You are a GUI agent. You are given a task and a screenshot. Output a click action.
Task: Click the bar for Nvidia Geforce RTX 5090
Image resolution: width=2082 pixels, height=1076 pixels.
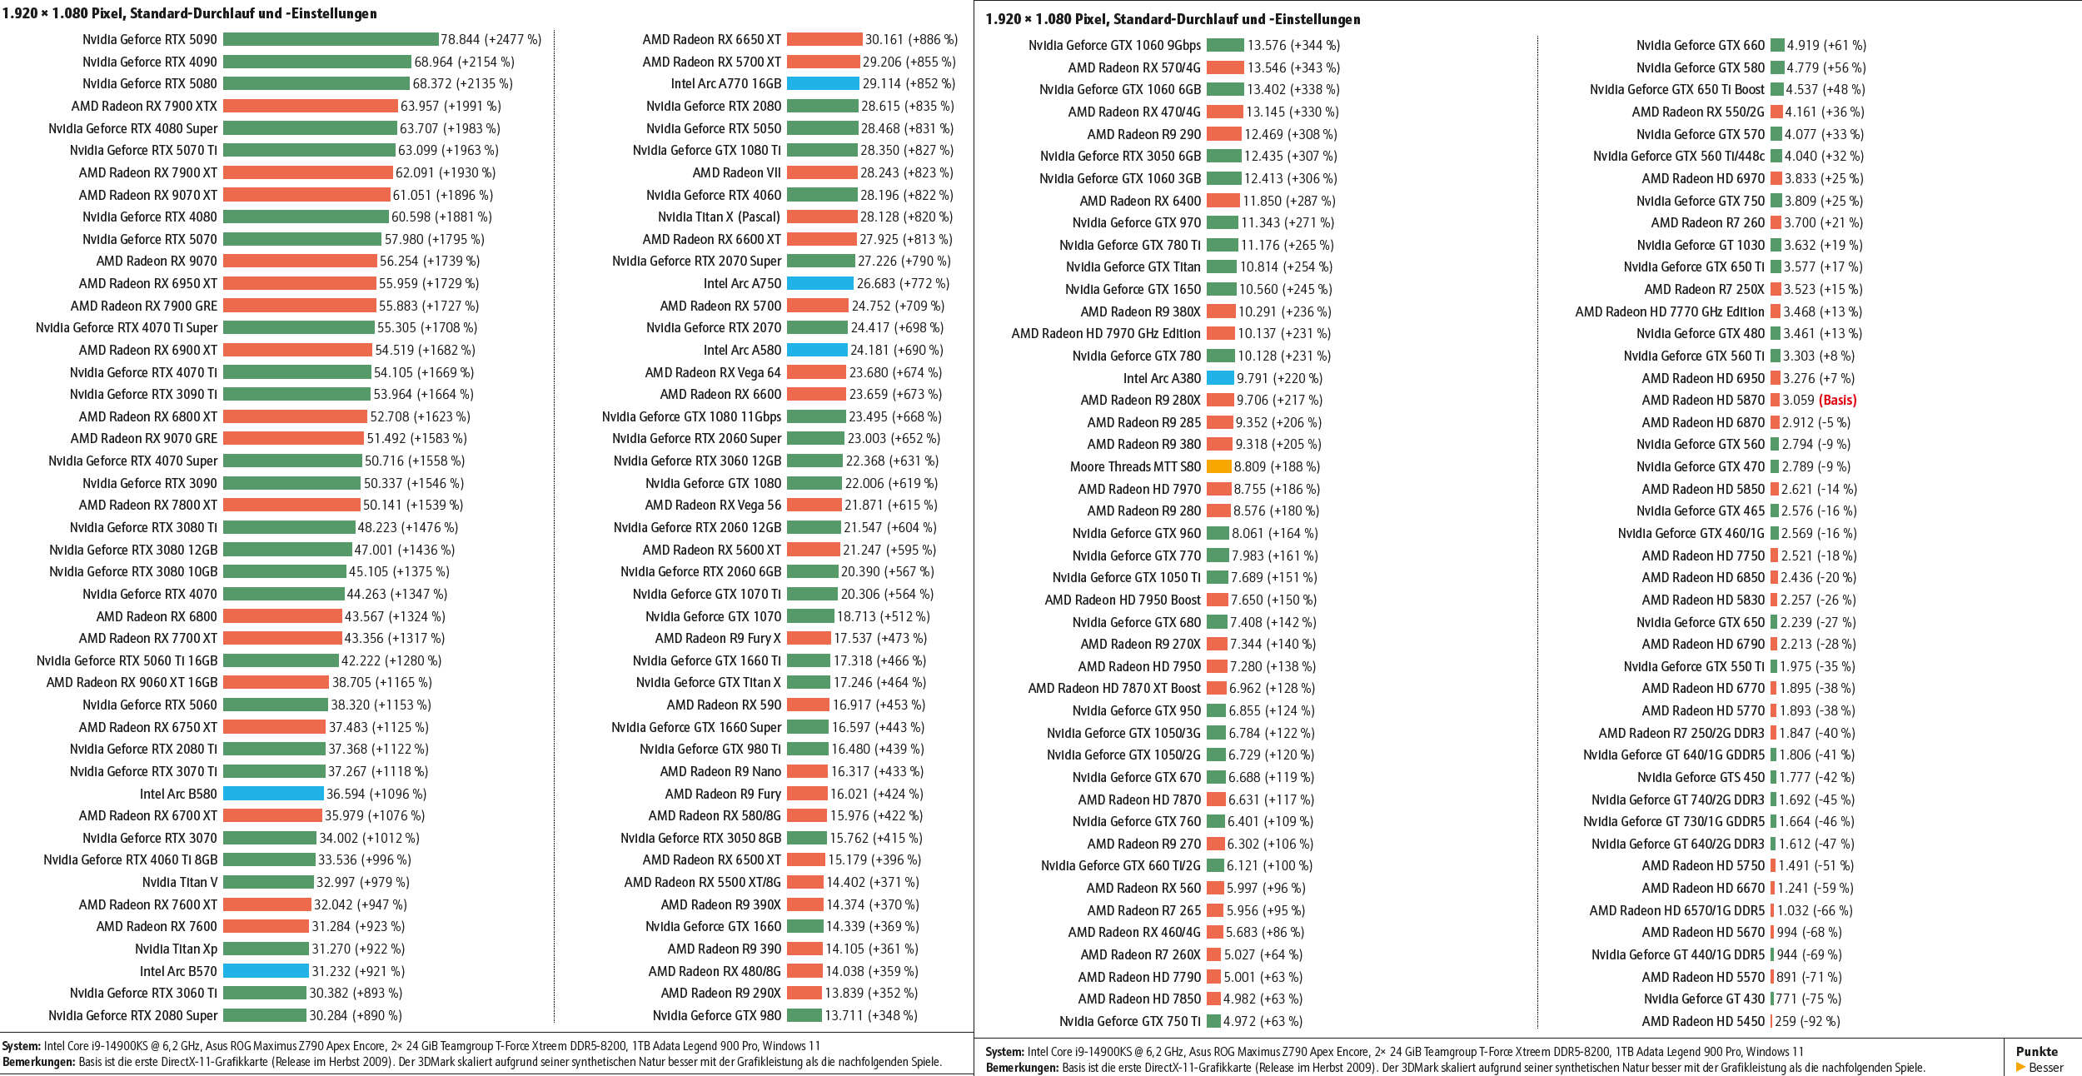[331, 39]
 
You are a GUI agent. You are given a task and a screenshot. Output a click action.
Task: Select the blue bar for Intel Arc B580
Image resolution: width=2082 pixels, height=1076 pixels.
[273, 794]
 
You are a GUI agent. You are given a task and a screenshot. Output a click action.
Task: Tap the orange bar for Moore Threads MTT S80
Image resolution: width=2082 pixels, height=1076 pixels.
[1218, 466]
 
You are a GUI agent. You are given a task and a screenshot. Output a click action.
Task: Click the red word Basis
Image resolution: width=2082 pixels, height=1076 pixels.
[1837, 400]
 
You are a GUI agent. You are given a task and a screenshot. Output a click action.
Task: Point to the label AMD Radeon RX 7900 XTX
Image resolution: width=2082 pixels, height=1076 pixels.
[144, 106]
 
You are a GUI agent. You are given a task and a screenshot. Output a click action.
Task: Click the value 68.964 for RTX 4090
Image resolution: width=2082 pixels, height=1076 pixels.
[433, 62]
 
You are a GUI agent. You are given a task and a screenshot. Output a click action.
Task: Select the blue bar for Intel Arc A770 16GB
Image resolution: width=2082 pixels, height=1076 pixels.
[823, 83]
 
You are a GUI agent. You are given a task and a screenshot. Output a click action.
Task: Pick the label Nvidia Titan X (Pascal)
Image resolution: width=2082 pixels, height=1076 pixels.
[720, 217]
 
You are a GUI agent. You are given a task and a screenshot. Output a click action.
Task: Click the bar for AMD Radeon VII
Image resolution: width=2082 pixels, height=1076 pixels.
[822, 172]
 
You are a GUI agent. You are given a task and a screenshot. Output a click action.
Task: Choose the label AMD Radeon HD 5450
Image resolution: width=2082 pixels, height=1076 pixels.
[1703, 1021]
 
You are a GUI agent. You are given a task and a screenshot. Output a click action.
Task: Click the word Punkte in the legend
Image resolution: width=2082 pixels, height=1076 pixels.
[2036, 1052]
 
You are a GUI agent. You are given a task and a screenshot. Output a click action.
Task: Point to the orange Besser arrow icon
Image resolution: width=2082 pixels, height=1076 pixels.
[2020, 1068]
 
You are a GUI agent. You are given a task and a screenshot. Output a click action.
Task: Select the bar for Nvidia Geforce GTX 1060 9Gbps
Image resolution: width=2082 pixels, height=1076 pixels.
[1225, 45]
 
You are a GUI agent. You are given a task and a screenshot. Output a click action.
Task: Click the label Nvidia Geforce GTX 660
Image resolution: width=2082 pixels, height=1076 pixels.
[1700, 45]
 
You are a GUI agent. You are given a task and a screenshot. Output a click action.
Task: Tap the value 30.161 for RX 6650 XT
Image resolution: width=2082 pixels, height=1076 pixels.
[884, 39]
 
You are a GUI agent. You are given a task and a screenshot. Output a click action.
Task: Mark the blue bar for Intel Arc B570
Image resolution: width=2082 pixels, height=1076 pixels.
[266, 971]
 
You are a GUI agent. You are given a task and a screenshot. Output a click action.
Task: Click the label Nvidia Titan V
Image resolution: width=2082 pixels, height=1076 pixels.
[179, 882]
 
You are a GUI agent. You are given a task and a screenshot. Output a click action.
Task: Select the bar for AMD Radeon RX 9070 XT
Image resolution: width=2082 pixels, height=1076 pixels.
[306, 195]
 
